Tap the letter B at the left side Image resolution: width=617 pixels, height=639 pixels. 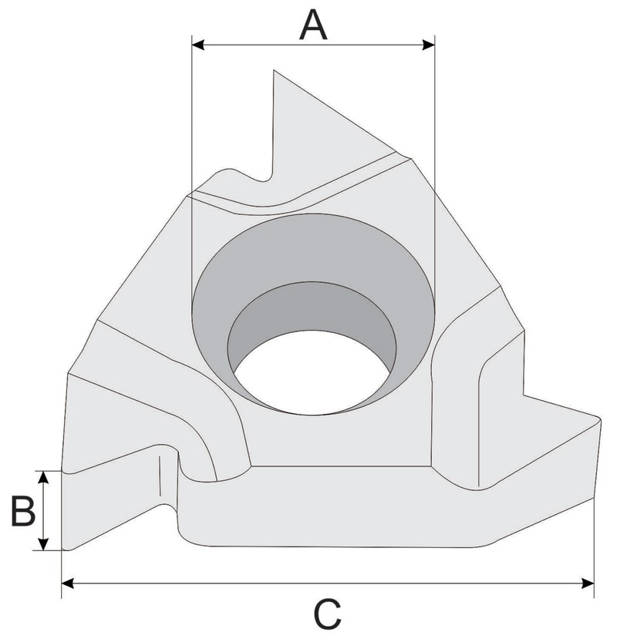pyautogui.click(x=22, y=511)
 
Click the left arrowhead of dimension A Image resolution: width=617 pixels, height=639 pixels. pyautogui.click(x=198, y=45)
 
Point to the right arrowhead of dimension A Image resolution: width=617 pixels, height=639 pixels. pyautogui.click(x=429, y=45)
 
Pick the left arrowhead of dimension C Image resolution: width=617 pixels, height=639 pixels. pyautogui.click(x=68, y=582)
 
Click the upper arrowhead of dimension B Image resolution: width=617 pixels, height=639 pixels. pyautogui.click(x=45, y=476)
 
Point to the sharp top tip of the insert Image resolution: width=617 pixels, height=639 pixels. pyautogui.click(x=274, y=72)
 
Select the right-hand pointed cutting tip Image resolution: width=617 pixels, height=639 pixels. pyautogui.click(x=597, y=419)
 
